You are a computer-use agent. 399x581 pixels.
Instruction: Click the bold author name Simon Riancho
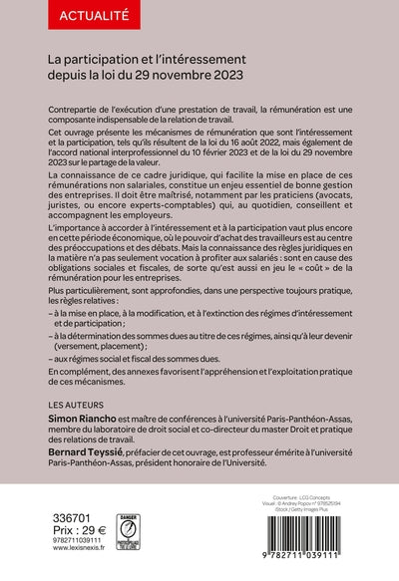coord(84,423)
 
